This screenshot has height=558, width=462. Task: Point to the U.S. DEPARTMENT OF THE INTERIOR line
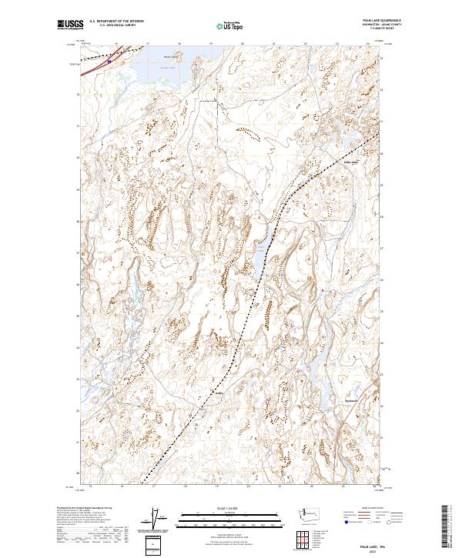point(116,21)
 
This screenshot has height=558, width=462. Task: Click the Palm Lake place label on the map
point(351,162)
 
